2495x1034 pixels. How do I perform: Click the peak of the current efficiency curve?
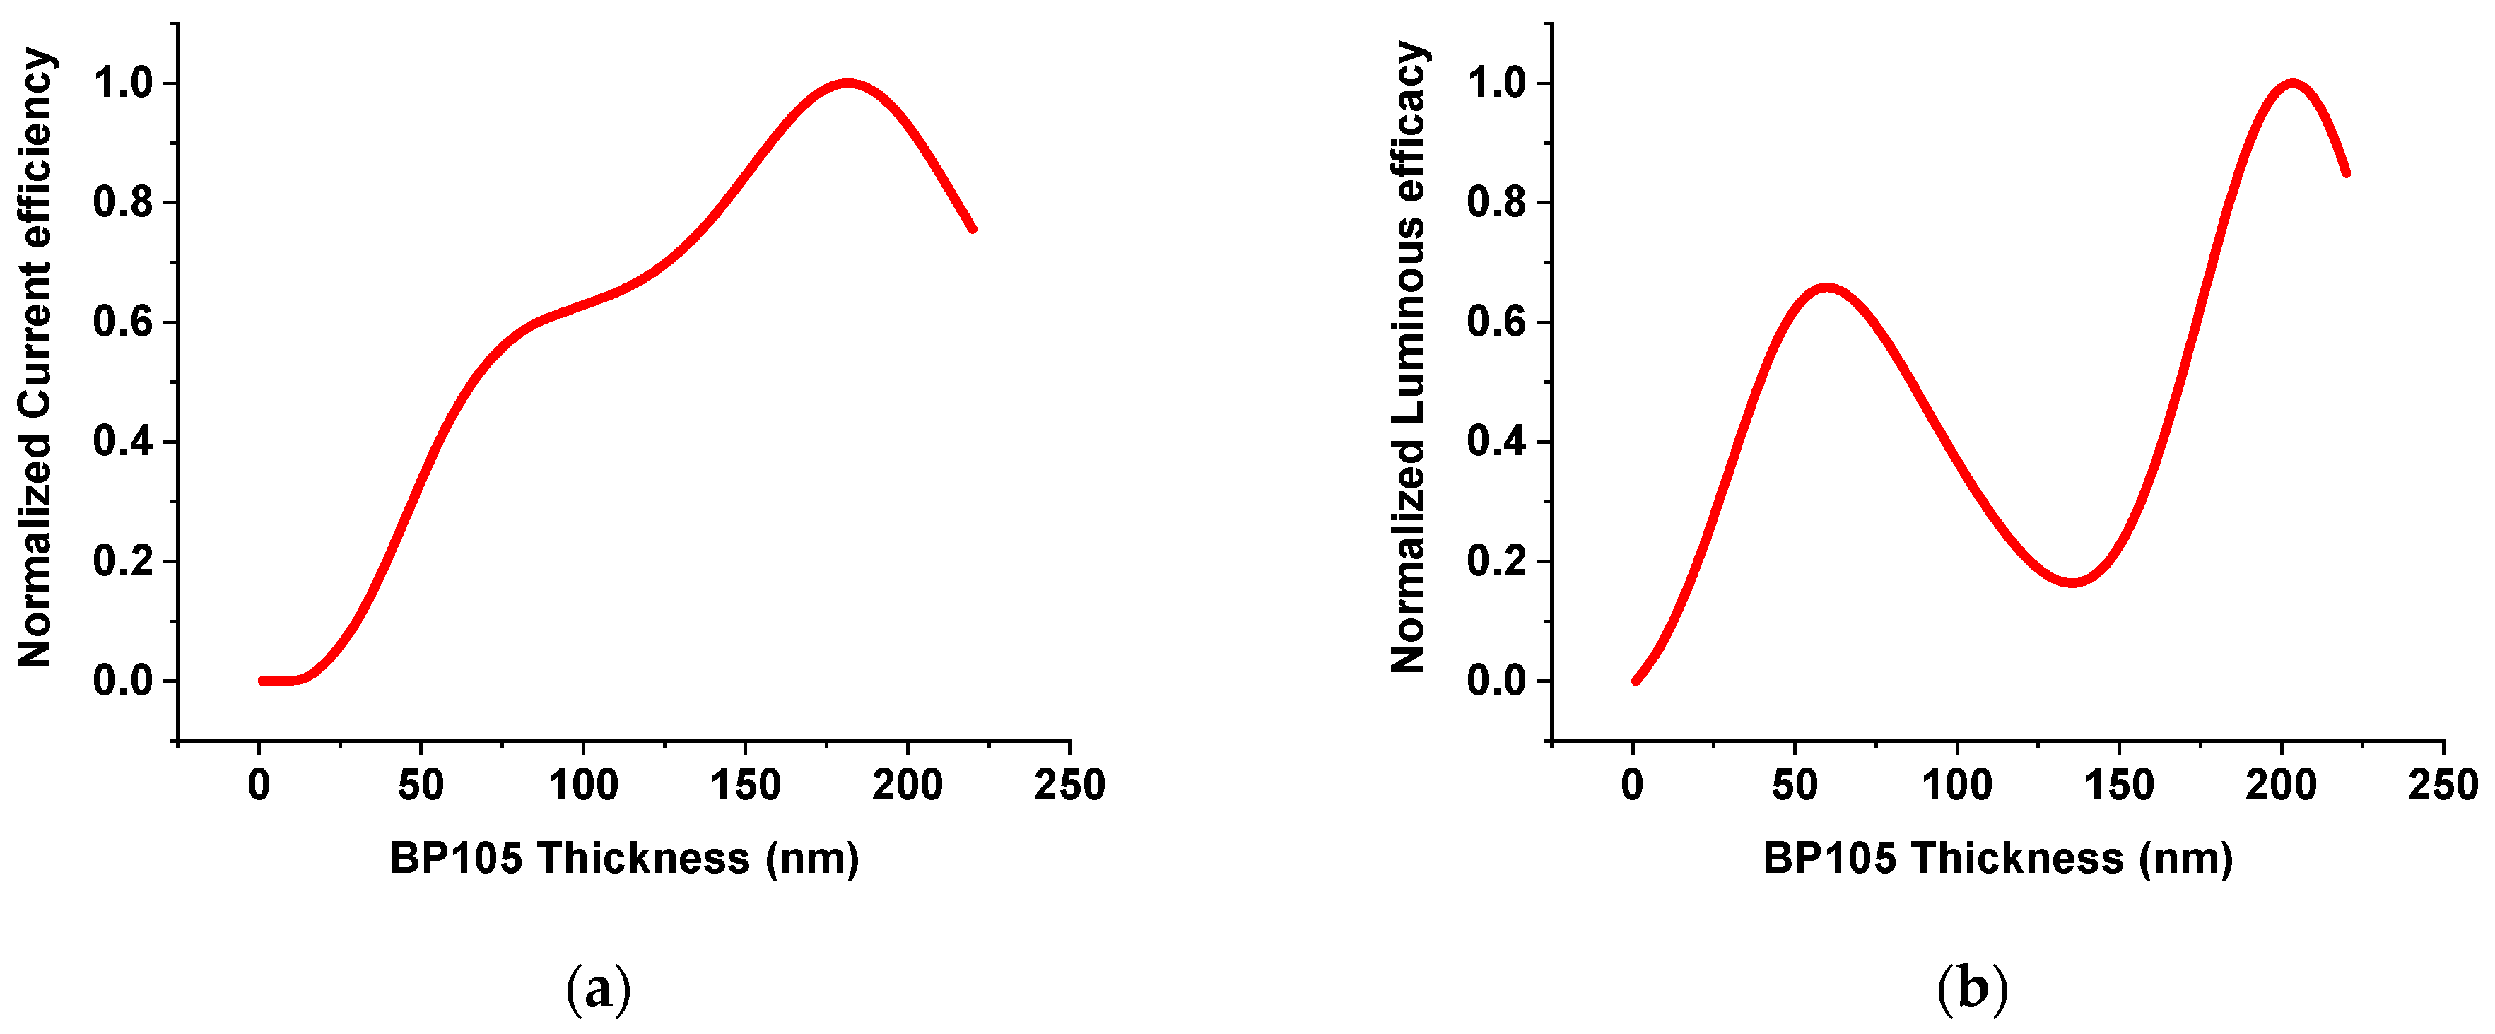848,84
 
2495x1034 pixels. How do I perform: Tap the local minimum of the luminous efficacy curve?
2072,582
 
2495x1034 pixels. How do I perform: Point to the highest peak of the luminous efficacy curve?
2291,84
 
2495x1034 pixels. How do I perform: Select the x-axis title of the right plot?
1998,859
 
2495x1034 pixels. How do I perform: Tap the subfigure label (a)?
599,989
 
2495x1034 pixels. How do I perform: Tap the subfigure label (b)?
1973,989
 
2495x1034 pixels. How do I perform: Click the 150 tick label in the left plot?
745,785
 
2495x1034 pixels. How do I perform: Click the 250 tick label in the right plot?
2443,785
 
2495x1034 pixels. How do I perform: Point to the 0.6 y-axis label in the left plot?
123,322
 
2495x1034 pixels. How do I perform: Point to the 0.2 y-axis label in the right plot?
1496,562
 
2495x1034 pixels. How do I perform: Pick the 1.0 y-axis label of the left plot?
123,83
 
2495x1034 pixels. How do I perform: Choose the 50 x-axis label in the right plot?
1795,785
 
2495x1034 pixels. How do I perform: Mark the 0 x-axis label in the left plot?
259,785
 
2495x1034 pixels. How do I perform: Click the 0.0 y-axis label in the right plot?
1496,681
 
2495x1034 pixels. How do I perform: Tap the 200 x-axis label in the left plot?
907,785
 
